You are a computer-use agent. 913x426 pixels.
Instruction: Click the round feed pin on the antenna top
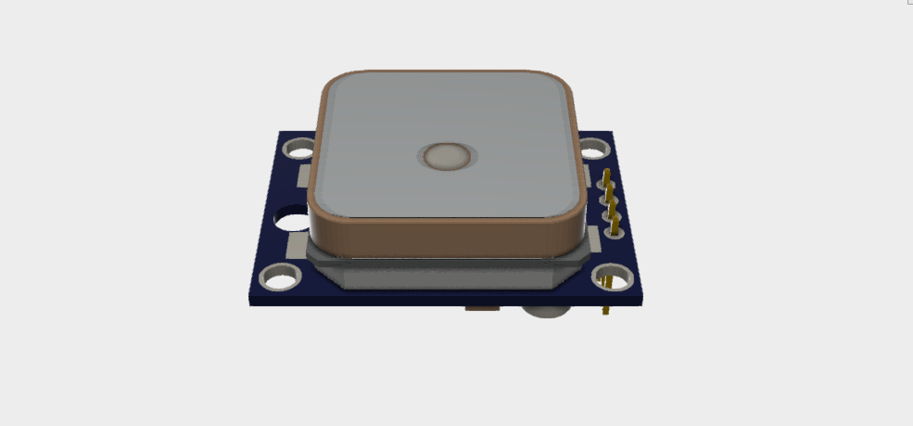450,157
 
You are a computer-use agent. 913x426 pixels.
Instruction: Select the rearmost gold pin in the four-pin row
606,176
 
